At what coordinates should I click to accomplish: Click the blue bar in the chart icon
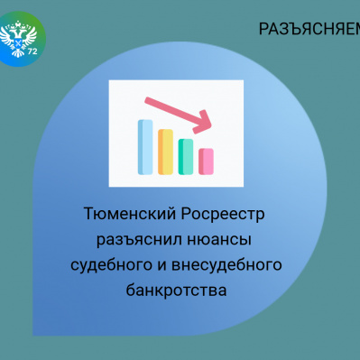[144, 145]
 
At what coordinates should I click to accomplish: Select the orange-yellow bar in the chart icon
[165, 151]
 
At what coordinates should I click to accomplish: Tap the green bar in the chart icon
[186, 155]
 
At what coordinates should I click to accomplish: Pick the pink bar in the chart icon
[206, 161]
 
